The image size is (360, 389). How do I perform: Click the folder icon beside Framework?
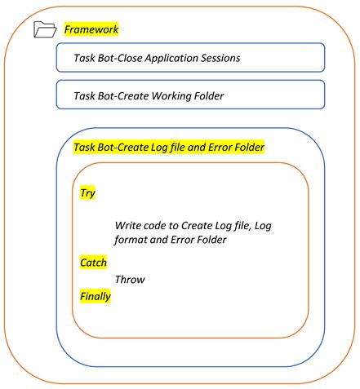[42, 30]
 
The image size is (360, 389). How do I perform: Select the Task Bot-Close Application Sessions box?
[190, 58]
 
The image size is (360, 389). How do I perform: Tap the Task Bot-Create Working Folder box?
[190, 95]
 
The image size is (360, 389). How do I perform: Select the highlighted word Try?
[87, 193]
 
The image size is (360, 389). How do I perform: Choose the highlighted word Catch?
[93, 262]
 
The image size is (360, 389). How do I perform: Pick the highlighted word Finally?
[95, 296]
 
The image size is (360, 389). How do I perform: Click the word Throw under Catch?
[130, 279]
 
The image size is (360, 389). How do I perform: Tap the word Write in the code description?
[129, 224]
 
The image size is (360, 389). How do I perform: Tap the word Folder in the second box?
[209, 96]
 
